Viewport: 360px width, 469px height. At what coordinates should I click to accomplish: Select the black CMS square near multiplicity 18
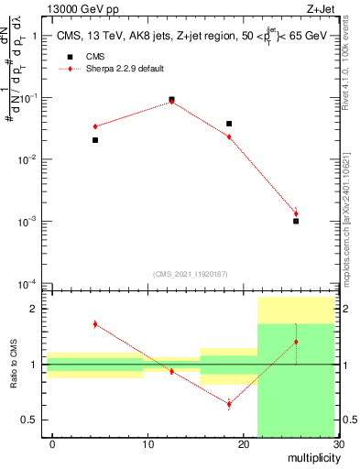pyautogui.click(x=229, y=124)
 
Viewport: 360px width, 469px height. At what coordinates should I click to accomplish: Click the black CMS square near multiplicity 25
pyautogui.click(x=296, y=221)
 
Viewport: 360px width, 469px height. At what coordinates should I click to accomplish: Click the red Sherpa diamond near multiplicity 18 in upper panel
pyautogui.click(x=229, y=136)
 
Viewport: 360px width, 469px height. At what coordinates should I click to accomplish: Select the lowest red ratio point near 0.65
pyautogui.click(x=229, y=404)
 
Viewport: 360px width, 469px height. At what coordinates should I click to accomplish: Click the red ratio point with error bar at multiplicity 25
pyautogui.click(x=296, y=342)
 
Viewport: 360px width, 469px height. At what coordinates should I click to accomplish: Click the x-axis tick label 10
pyautogui.click(x=147, y=444)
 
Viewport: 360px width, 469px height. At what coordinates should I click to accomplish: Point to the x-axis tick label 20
pyautogui.click(x=243, y=444)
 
